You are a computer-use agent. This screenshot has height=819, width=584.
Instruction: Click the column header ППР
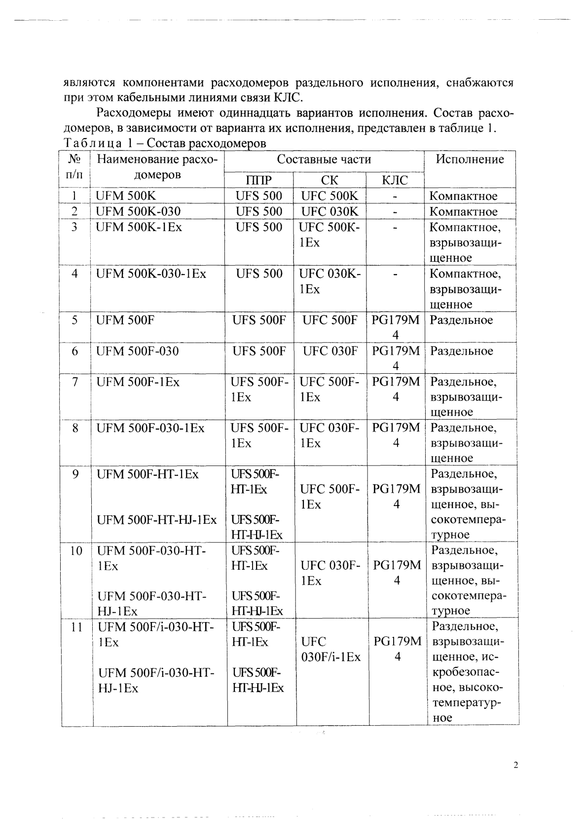258,180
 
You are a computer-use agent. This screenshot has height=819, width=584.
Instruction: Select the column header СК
329,180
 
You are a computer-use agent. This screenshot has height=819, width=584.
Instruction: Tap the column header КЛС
395,180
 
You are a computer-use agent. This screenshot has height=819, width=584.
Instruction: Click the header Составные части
324,159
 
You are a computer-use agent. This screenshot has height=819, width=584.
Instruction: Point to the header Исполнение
470,159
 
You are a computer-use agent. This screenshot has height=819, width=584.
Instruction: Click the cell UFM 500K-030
138,212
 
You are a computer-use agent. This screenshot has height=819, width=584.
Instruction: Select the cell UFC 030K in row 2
329,212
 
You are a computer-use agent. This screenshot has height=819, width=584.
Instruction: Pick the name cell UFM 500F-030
138,351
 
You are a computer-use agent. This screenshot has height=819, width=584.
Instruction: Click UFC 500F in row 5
329,320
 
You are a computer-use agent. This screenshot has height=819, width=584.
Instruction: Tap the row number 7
75,382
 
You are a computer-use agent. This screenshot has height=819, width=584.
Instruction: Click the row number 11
76,627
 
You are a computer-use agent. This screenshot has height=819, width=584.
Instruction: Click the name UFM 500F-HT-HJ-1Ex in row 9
157,520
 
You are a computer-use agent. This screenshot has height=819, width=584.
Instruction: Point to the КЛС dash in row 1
395,196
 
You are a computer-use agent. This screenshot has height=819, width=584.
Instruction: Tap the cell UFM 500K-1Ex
139,228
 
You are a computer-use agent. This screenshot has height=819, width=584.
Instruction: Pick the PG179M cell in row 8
396,428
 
